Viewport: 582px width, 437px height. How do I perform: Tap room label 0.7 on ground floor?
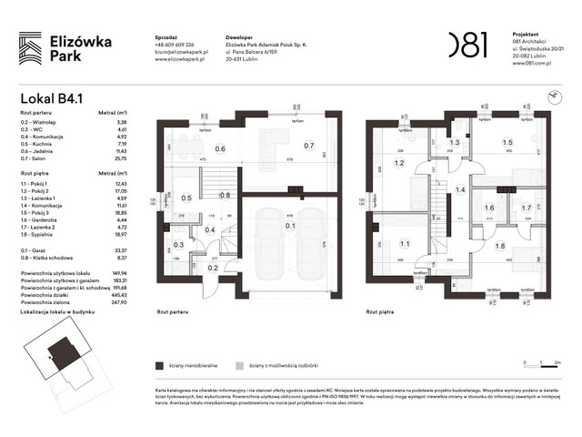(308, 145)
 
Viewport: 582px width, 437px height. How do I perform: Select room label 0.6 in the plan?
(220, 150)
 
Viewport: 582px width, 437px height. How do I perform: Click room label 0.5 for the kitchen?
(186, 198)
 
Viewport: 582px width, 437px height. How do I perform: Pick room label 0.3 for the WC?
(179, 245)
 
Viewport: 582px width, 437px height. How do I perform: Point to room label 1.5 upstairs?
(507, 143)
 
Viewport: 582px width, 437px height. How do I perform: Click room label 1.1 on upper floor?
(405, 243)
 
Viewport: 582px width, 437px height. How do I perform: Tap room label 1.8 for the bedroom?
(499, 246)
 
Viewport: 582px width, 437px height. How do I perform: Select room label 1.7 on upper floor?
(526, 208)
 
